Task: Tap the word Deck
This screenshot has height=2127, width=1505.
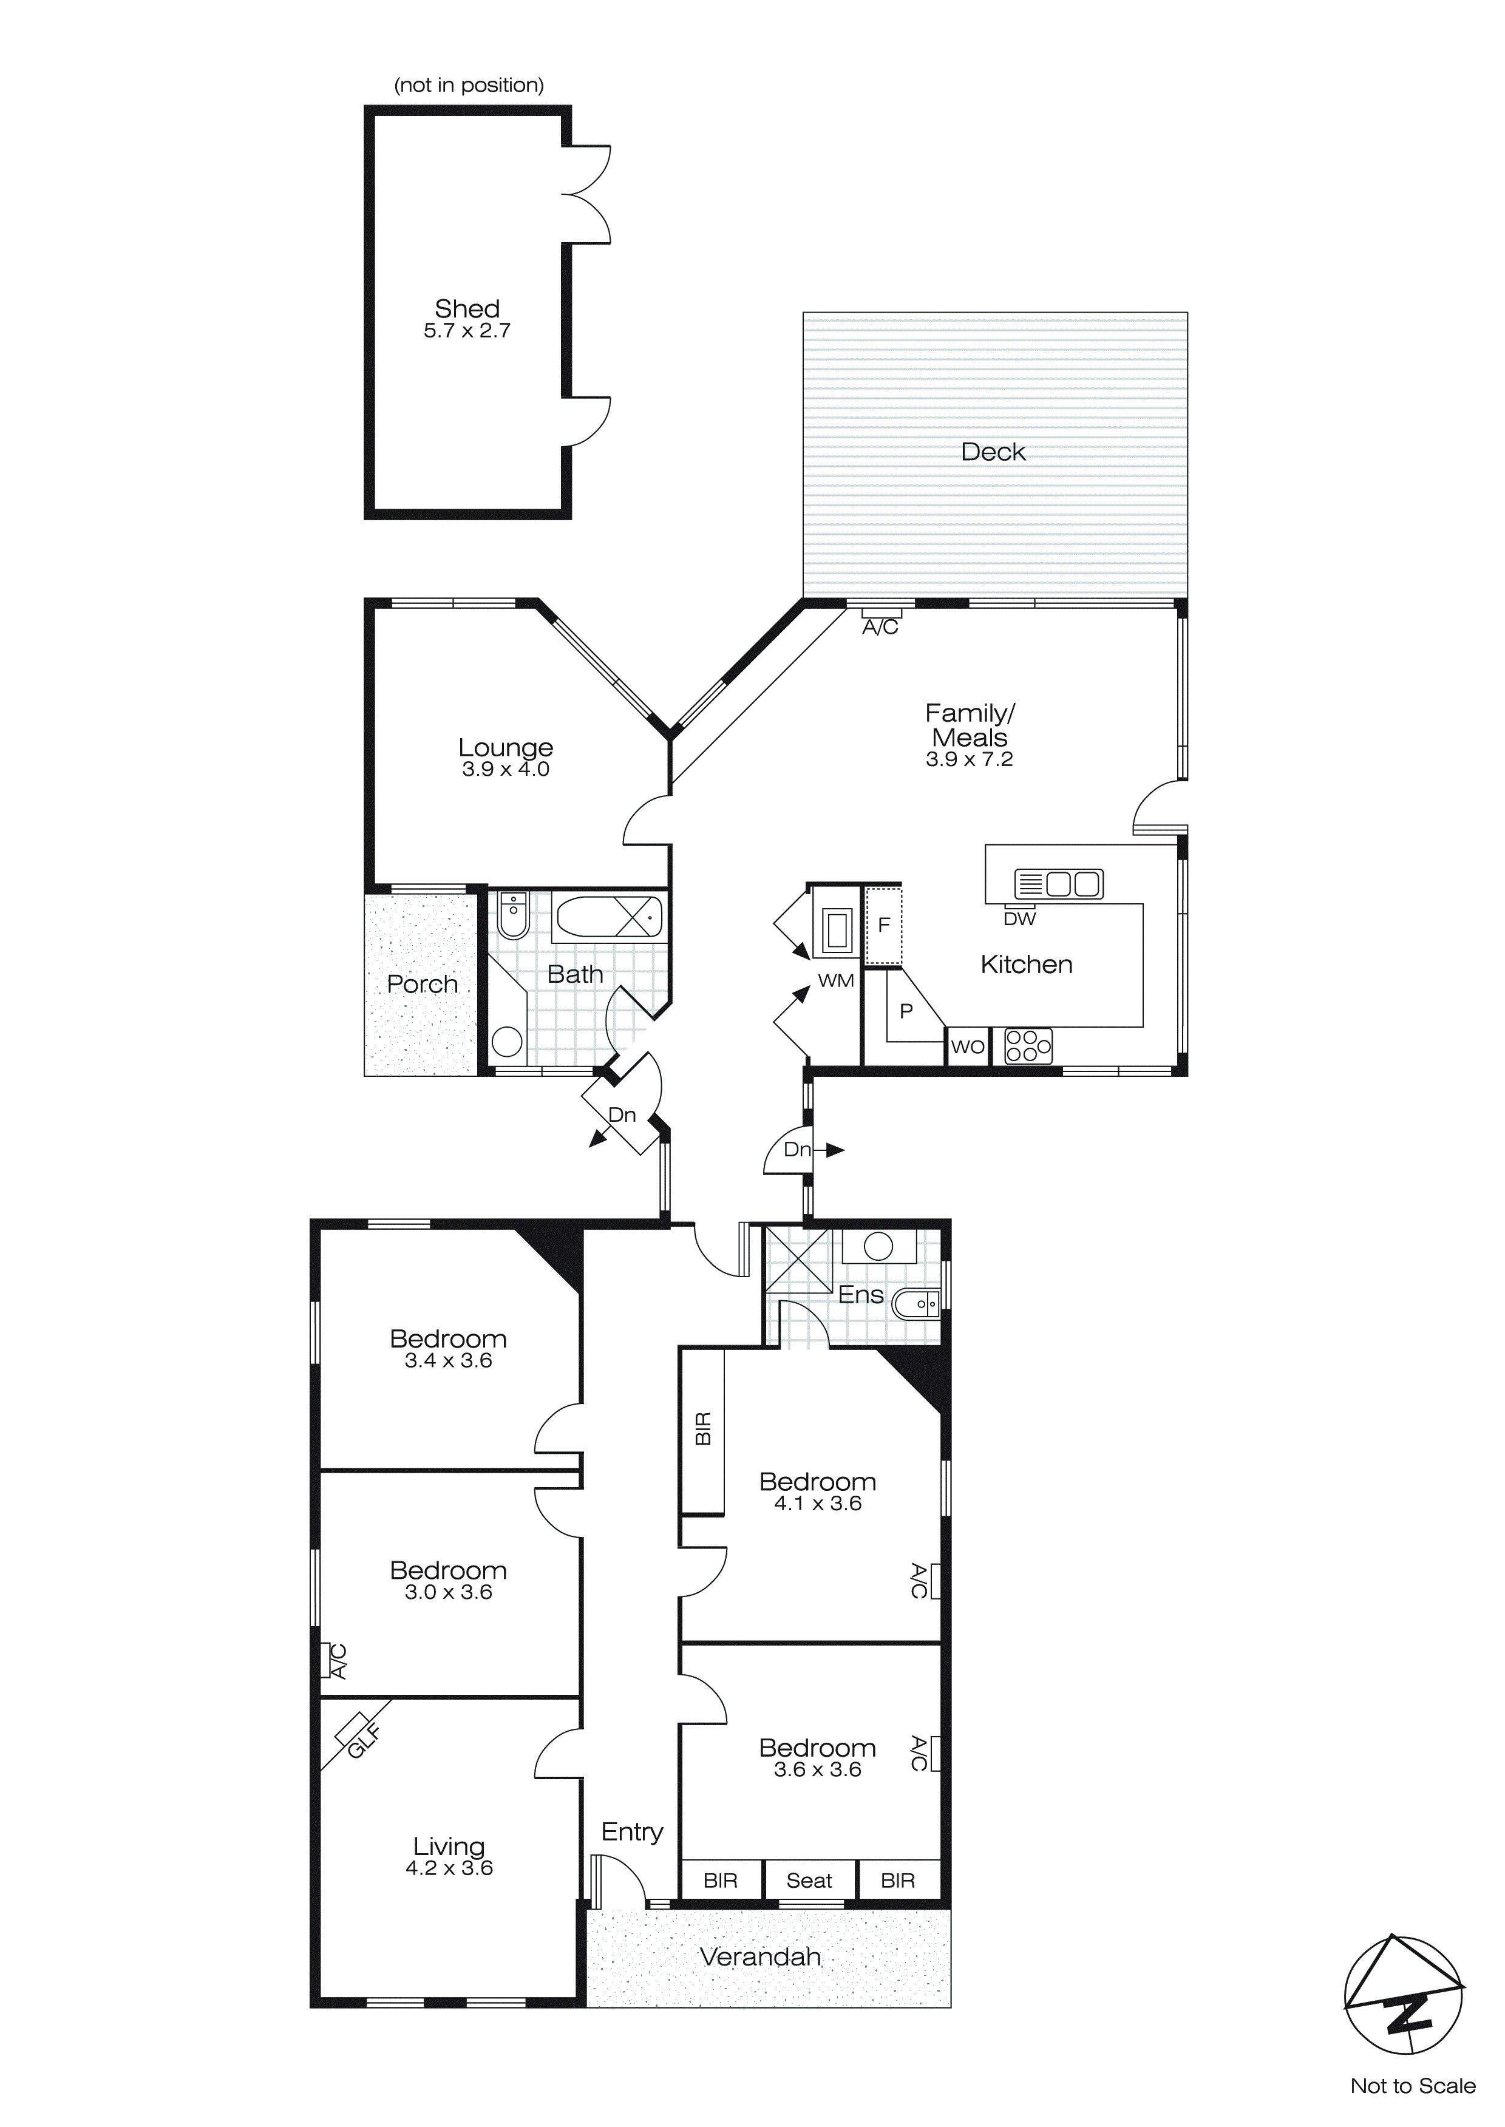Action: coord(993,452)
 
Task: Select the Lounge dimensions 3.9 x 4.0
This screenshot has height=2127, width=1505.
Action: coord(506,769)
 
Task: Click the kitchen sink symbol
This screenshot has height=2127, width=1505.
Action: coord(1058,884)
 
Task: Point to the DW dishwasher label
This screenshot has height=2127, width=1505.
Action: coord(1019,919)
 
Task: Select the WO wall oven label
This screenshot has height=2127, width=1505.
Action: coord(968,1047)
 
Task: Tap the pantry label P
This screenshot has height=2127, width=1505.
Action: coord(906,1012)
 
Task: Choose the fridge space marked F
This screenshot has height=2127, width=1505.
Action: coord(883,924)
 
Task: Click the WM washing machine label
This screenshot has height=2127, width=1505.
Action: coord(836,981)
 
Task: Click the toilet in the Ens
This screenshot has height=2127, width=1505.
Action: coord(916,1305)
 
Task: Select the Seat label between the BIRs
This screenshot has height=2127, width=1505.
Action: coord(809,1880)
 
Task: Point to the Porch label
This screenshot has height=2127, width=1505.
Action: coord(423,984)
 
